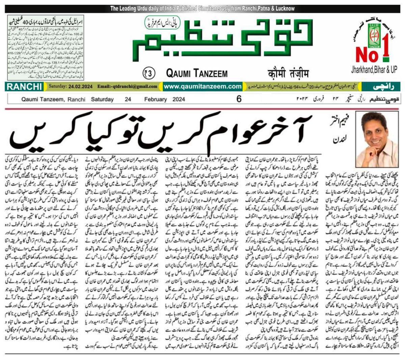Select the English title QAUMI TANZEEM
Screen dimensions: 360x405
pos(197,73)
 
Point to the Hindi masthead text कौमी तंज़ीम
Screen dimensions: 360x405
pos(287,73)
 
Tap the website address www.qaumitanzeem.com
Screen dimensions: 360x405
pos(202,86)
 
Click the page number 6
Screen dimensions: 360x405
pos(239,99)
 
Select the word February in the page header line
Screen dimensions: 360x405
pos(156,99)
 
